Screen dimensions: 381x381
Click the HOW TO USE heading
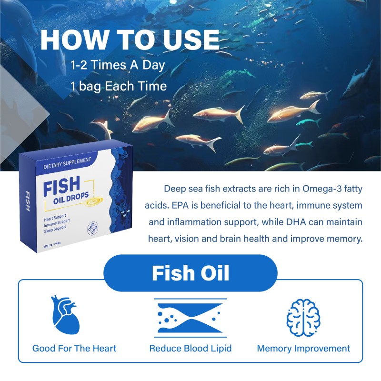pos(130,40)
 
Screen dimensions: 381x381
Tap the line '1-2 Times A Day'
pos(118,65)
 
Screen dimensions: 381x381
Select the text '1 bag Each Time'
pos(119,86)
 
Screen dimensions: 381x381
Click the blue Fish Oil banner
pos(190,273)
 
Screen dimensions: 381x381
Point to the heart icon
pos(65,315)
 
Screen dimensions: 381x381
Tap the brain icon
pos(303,315)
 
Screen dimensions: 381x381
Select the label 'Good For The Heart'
pos(74,348)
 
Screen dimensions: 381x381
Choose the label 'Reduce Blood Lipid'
pos(190,348)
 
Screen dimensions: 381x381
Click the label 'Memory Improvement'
pos(303,348)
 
